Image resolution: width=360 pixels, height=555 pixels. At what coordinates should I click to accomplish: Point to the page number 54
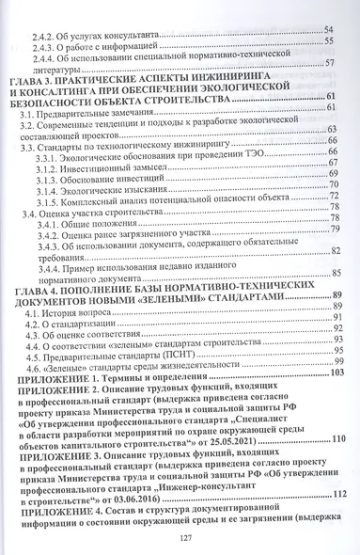click(x=329, y=31)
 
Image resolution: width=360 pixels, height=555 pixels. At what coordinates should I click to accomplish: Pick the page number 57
click(x=329, y=64)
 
